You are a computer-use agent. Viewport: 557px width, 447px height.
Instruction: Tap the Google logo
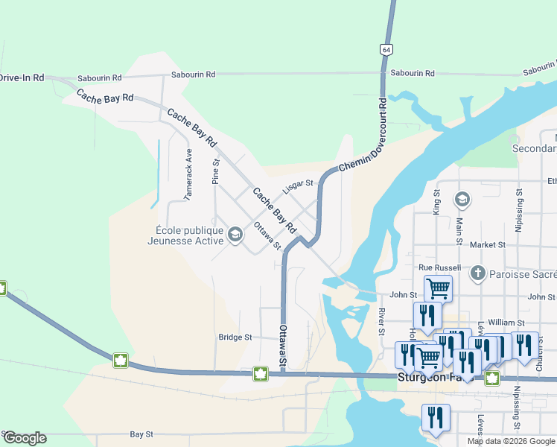pos(25,438)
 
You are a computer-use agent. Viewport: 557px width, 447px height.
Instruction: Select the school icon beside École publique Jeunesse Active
pos(235,235)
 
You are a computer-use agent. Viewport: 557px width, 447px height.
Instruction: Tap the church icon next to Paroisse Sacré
pos(478,273)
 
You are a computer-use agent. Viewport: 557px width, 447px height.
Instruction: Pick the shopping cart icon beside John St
pos(438,288)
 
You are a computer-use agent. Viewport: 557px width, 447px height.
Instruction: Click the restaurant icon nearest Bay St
pos(436,417)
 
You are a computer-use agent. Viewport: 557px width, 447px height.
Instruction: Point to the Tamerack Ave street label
pos(189,174)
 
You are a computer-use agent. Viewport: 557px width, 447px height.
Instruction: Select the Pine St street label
pos(216,171)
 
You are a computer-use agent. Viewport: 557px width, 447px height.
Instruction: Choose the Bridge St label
pos(236,337)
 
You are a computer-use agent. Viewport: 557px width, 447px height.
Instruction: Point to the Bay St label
pos(141,434)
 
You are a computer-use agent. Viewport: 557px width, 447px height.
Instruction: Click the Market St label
pos(488,244)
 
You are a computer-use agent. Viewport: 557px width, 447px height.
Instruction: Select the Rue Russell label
pos(440,267)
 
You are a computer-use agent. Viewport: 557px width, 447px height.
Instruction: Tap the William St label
pos(507,322)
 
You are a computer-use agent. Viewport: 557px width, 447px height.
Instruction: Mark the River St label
pos(381,321)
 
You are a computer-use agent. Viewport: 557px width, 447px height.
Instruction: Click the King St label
pos(437,202)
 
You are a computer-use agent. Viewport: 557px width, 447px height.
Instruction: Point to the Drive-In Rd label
pos(22,77)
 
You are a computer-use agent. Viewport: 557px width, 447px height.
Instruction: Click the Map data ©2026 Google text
pos(511,441)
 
